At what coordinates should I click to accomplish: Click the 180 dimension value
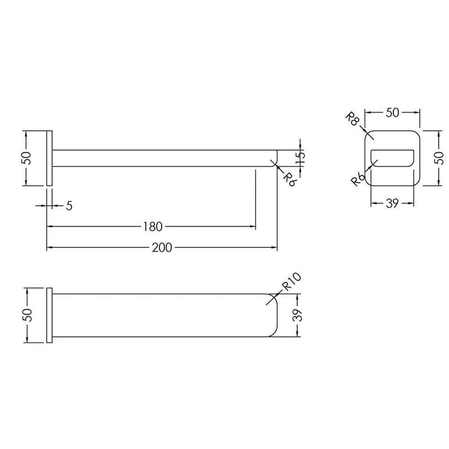153,226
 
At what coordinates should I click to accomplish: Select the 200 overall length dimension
162,248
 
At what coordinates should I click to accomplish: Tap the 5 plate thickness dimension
69,206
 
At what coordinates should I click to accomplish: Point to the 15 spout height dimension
300,158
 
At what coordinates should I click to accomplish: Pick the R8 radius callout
352,119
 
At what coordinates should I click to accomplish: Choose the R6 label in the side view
289,180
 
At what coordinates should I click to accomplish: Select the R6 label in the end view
358,180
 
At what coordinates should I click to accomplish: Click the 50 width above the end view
392,113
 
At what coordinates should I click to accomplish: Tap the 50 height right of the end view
439,158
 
